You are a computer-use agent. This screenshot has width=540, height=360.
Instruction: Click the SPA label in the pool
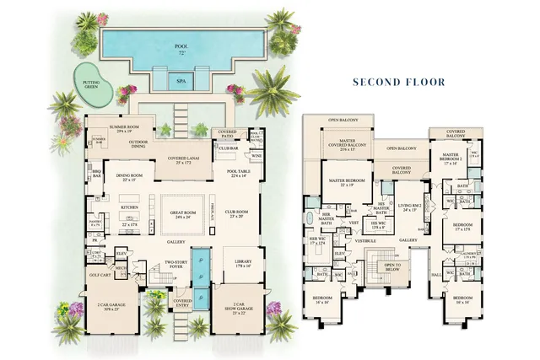(x=181, y=82)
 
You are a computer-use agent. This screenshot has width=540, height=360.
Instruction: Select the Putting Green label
(x=89, y=83)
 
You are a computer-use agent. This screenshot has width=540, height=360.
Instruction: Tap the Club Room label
(x=235, y=214)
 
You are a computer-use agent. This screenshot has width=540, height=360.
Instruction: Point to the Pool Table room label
(x=236, y=173)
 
